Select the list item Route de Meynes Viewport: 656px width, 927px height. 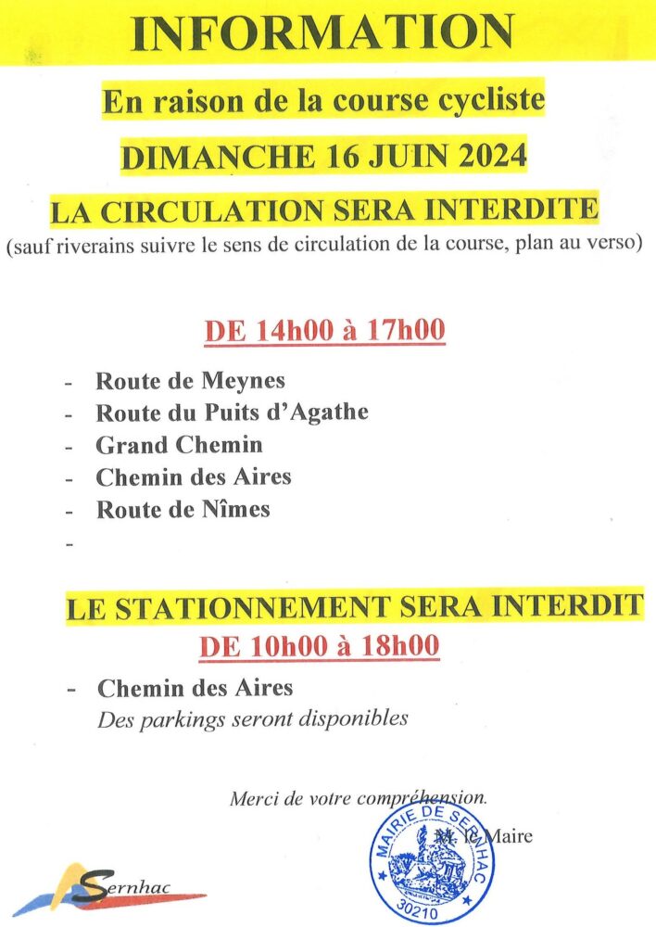pos(190,381)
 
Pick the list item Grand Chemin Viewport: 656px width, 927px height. pos(179,445)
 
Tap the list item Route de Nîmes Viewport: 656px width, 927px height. pos(183,509)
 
